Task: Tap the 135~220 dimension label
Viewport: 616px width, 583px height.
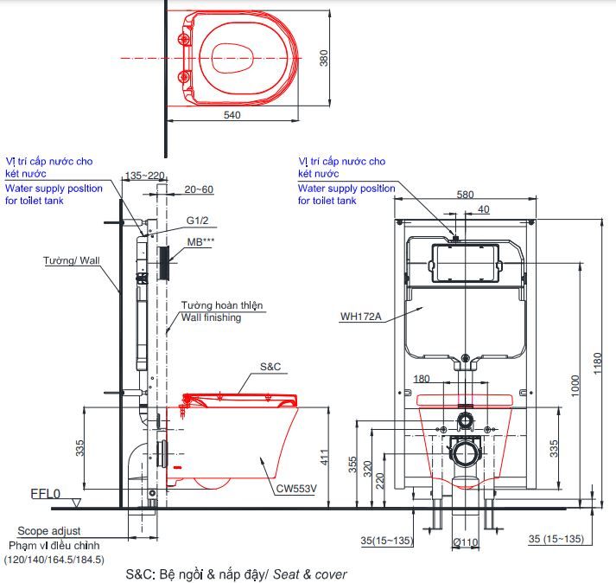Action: click(x=145, y=176)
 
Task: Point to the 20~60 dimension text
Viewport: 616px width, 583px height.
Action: click(x=198, y=189)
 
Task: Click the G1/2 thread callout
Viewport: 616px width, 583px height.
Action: click(x=197, y=221)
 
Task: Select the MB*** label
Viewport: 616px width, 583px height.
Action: click(x=200, y=242)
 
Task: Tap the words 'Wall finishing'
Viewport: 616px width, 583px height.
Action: click(x=211, y=317)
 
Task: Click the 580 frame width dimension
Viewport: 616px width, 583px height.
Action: click(x=464, y=195)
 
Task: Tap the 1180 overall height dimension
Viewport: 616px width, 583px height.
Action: click(x=604, y=363)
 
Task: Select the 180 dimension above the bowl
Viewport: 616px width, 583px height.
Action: click(x=422, y=378)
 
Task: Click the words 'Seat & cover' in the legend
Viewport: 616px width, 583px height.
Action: click(x=317, y=573)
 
